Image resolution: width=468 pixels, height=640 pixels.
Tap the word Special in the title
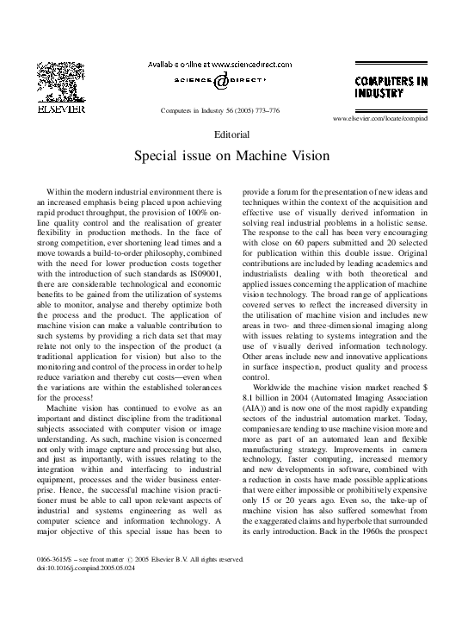(x=157, y=158)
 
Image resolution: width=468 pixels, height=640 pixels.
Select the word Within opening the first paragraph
(x=61, y=196)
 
